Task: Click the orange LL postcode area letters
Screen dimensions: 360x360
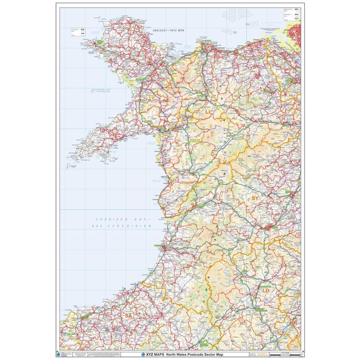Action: tap(208, 111)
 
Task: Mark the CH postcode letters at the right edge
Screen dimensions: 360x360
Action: tap(296, 53)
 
